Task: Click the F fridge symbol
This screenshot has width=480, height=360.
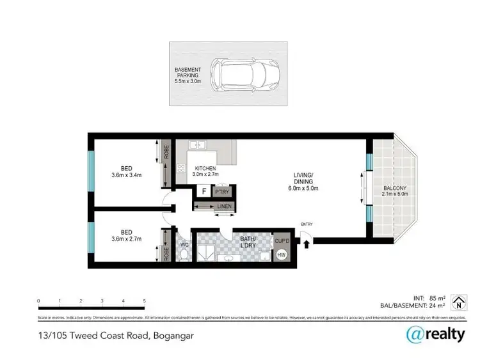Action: point(203,191)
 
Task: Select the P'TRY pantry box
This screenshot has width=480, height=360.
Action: point(223,191)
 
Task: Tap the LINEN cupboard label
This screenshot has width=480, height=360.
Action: point(223,206)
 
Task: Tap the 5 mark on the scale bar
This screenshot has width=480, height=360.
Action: point(145,300)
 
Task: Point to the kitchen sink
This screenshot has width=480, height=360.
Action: point(199,146)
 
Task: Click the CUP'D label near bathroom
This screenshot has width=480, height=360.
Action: point(282,240)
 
